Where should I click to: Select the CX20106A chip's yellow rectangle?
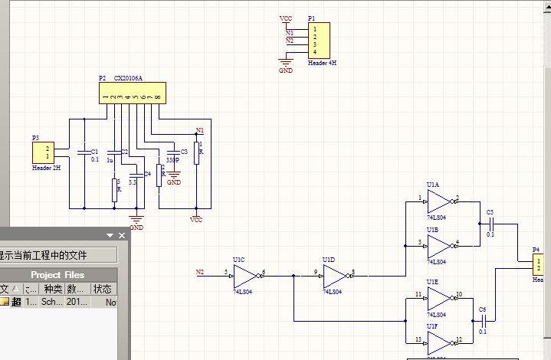132,93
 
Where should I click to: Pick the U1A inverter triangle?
438,201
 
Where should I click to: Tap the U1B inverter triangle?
438,246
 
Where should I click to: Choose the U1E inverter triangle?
438,297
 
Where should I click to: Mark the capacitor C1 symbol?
84,152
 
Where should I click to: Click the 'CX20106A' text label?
129,78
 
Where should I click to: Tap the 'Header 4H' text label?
322,64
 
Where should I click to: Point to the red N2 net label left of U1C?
200,272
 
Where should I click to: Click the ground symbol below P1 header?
286,61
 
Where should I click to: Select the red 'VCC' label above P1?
286,18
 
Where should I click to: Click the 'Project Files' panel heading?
57,274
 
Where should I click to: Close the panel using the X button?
121,235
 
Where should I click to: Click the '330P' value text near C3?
172,161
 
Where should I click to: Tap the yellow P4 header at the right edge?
542,267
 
